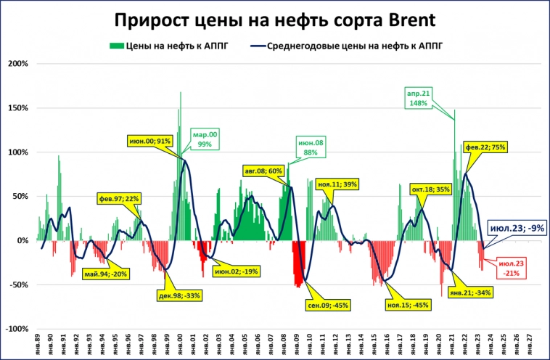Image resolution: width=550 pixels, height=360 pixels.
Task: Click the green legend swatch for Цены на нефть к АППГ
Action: coord(115,46)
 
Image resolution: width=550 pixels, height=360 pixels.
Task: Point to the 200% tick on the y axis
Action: coord(18,64)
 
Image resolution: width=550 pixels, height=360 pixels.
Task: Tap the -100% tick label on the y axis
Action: coord(17,329)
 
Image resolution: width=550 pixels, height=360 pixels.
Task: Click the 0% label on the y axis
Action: coord(22,240)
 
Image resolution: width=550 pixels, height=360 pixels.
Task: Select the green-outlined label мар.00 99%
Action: coord(203,139)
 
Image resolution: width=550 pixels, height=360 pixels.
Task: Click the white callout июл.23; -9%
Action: coord(515,228)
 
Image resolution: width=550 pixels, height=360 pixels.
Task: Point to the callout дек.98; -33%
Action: coord(178,295)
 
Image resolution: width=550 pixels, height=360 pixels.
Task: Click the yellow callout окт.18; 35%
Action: coord(431,189)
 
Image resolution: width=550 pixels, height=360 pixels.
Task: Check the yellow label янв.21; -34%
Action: coord(470,293)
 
